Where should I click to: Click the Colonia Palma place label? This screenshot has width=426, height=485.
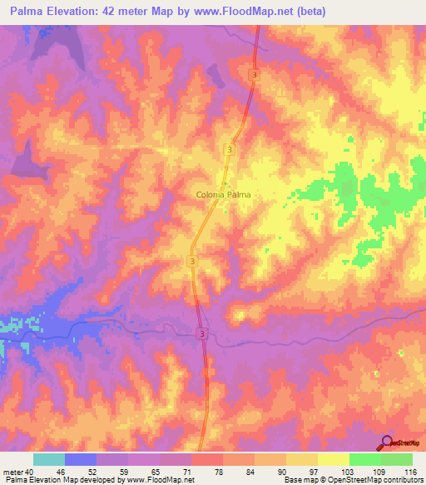coord(223,194)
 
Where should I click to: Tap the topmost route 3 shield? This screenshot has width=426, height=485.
coord(253,75)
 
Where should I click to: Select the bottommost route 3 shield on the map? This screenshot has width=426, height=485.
coord(202,332)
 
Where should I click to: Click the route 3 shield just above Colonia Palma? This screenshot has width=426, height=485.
coord(229,149)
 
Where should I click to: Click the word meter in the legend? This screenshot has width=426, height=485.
coord(13,472)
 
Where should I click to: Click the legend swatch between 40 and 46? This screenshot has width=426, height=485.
coord(49,459)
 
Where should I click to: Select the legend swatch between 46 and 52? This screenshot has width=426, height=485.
coord(81,459)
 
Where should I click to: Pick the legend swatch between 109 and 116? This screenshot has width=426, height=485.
coord(396,459)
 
